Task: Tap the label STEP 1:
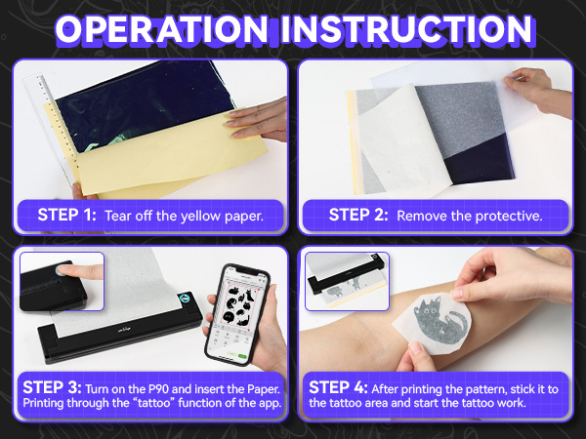[65, 215]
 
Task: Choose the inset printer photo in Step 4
[347, 281]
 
